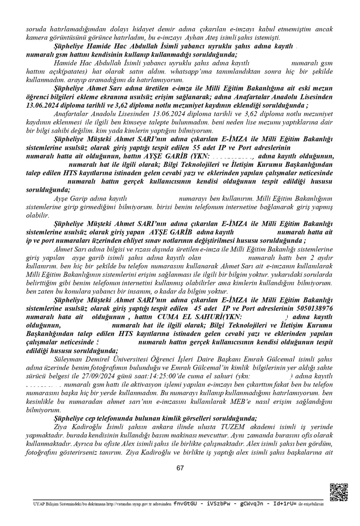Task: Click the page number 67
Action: click(180, 468)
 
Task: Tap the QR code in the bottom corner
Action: click(338, 492)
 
